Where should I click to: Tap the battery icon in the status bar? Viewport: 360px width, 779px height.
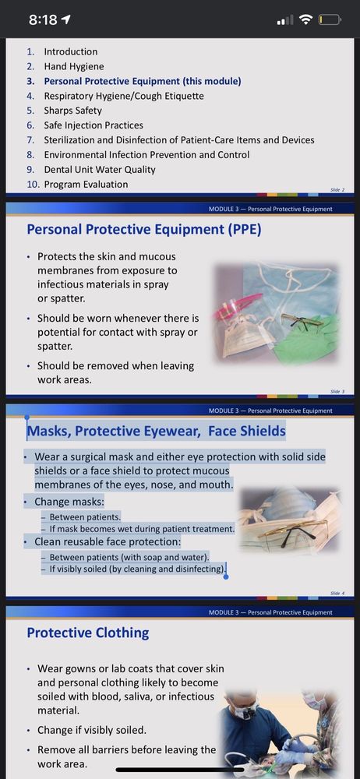point(330,20)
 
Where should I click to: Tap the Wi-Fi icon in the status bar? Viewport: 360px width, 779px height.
point(307,20)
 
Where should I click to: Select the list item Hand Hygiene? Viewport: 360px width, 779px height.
point(73,66)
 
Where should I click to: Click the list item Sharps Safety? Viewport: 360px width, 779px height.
point(72,111)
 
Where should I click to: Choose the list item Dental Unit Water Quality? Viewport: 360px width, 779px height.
point(100,169)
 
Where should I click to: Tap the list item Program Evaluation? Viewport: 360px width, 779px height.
point(86,185)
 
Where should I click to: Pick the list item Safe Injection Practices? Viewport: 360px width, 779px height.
point(94,125)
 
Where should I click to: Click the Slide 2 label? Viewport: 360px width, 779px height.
point(337,190)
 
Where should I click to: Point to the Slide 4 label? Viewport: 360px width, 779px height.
point(337,593)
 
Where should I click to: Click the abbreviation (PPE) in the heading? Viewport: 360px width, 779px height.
point(244,230)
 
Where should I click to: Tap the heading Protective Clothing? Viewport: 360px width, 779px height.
point(88,633)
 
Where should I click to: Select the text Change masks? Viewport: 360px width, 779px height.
point(69,502)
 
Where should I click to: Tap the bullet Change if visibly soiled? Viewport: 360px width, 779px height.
point(92,731)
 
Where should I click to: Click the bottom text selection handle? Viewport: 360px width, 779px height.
point(226,576)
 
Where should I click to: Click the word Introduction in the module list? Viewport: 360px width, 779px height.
point(71,51)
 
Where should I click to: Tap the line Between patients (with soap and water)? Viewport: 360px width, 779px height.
point(129,557)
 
